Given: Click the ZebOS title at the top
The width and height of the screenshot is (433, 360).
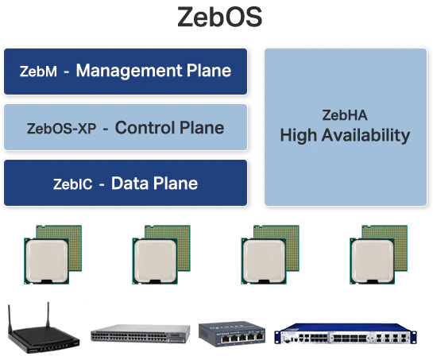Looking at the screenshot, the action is [219, 17].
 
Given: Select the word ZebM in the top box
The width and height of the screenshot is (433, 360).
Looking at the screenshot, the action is [38, 71].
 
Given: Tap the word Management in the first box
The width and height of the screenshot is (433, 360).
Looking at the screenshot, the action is [129, 71].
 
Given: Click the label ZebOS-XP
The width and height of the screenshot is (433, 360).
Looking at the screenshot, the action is [61, 129].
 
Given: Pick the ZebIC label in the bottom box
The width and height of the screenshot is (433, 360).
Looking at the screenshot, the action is [72, 184].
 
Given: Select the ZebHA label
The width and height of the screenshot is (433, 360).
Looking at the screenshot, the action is [345, 115].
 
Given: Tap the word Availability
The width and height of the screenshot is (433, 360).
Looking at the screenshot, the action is [366, 135].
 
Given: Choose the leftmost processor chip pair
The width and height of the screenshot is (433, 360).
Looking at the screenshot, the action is [52, 254].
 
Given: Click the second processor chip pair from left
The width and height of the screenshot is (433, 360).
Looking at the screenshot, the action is [161, 254].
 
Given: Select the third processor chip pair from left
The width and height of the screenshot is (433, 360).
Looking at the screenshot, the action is [270, 254].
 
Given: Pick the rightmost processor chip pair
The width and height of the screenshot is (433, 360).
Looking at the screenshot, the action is [379, 254].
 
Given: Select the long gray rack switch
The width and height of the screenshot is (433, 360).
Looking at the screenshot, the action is [141, 333].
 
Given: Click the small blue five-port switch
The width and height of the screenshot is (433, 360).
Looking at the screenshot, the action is [232, 334].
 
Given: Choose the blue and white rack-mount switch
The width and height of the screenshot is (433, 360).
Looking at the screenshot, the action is [346, 334].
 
